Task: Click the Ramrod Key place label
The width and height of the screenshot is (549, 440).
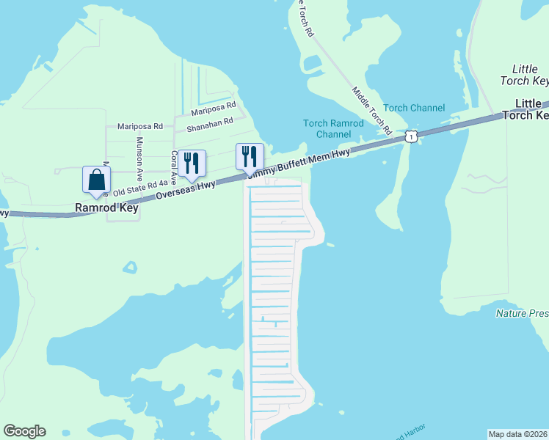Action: pyautogui.click(x=106, y=208)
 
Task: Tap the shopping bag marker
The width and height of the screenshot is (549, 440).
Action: pyautogui.click(x=97, y=180)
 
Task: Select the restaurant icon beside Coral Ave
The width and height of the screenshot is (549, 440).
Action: pyautogui.click(x=192, y=164)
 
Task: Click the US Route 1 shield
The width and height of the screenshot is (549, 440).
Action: pyautogui.click(x=412, y=137)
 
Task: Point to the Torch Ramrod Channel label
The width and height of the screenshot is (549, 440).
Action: pyautogui.click(x=334, y=128)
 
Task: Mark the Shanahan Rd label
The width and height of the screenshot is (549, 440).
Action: pyautogui.click(x=209, y=123)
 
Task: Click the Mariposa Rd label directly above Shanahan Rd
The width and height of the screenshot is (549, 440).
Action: pyautogui.click(x=213, y=111)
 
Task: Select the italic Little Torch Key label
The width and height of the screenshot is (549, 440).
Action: pyautogui.click(x=525, y=74)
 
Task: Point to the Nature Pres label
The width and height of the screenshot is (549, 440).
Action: pyautogui.click(x=522, y=313)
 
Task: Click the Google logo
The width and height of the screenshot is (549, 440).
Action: pyautogui.click(x=24, y=431)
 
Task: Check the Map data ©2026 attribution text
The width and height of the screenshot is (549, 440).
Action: pyautogui.click(x=518, y=434)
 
